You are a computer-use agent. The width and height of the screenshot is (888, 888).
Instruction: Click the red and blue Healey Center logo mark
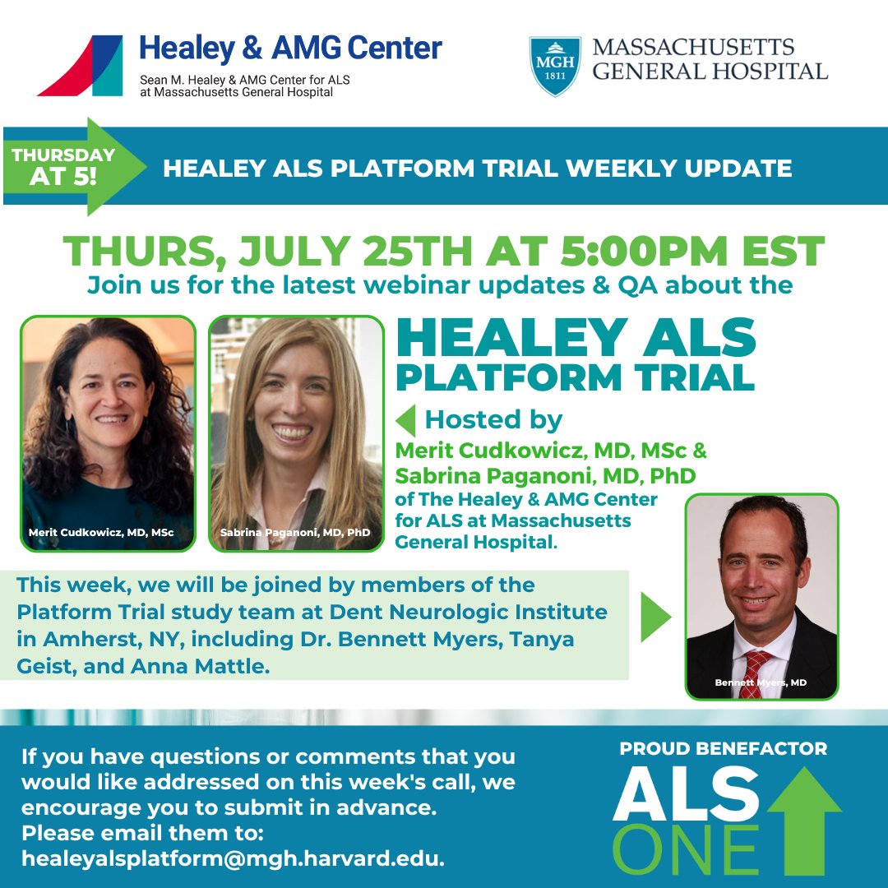pyautogui.click(x=81, y=66)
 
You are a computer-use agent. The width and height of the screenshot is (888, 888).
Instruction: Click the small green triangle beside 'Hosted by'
pyautogui.click(x=405, y=420)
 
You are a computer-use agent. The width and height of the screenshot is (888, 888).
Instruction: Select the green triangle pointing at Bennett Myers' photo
pyautogui.click(x=656, y=617)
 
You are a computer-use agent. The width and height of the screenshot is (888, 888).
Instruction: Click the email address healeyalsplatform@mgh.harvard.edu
pyautogui.click(x=234, y=860)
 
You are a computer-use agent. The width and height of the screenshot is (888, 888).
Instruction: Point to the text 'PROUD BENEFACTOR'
pyautogui.click(x=724, y=749)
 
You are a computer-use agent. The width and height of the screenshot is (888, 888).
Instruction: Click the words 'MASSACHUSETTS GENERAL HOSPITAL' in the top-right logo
pyautogui.click(x=709, y=59)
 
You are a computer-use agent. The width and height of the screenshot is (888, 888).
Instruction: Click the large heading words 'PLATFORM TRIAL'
pyautogui.click(x=575, y=377)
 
